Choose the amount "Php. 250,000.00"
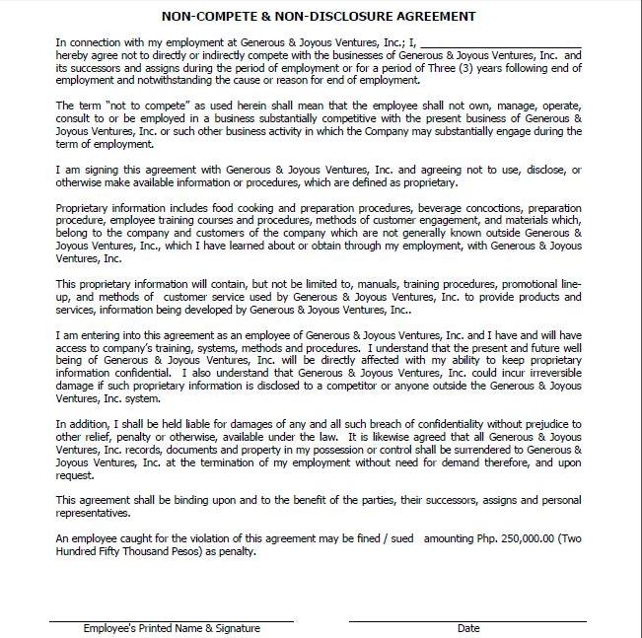[x=521, y=538]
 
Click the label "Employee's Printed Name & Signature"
[x=172, y=628]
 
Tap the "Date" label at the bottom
[x=467, y=628]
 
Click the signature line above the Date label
[x=467, y=620]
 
